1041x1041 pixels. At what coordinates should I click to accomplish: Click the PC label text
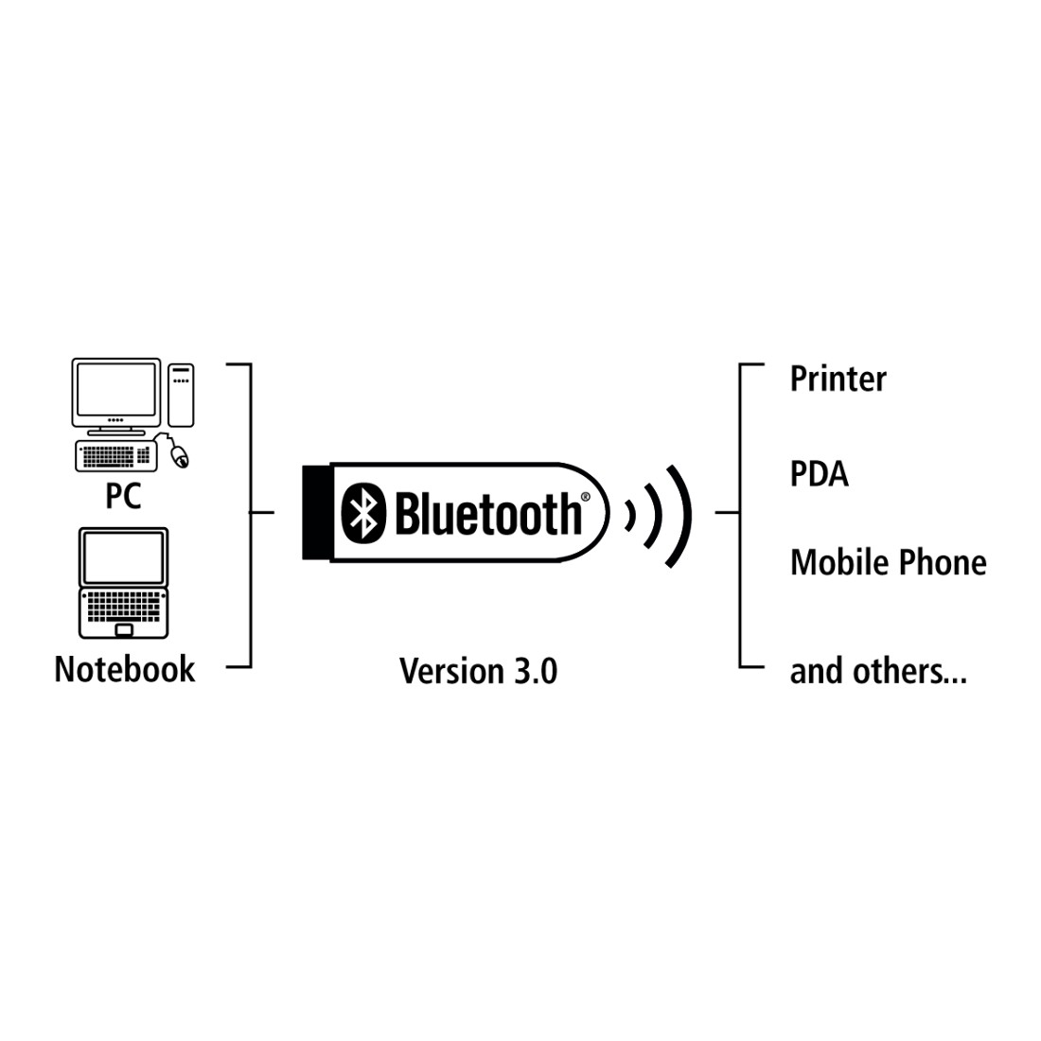click(123, 495)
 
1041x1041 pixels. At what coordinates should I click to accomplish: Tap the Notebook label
click(125, 668)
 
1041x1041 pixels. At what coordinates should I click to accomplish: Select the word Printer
click(838, 379)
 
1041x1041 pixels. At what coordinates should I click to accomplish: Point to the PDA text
click(820, 474)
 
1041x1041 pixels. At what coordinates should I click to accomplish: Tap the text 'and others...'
click(878, 671)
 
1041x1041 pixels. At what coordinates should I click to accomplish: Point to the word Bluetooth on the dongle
click(488, 513)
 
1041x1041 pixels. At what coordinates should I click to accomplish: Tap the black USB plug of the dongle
click(316, 513)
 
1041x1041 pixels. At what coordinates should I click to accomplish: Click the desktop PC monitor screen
click(116, 389)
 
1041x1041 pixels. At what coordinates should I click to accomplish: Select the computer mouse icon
click(179, 455)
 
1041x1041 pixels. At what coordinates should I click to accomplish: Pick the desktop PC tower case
click(182, 395)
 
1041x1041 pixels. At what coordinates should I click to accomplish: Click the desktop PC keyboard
click(116, 456)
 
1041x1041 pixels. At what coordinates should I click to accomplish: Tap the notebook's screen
click(123, 556)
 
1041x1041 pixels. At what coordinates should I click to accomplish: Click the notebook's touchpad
click(123, 629)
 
